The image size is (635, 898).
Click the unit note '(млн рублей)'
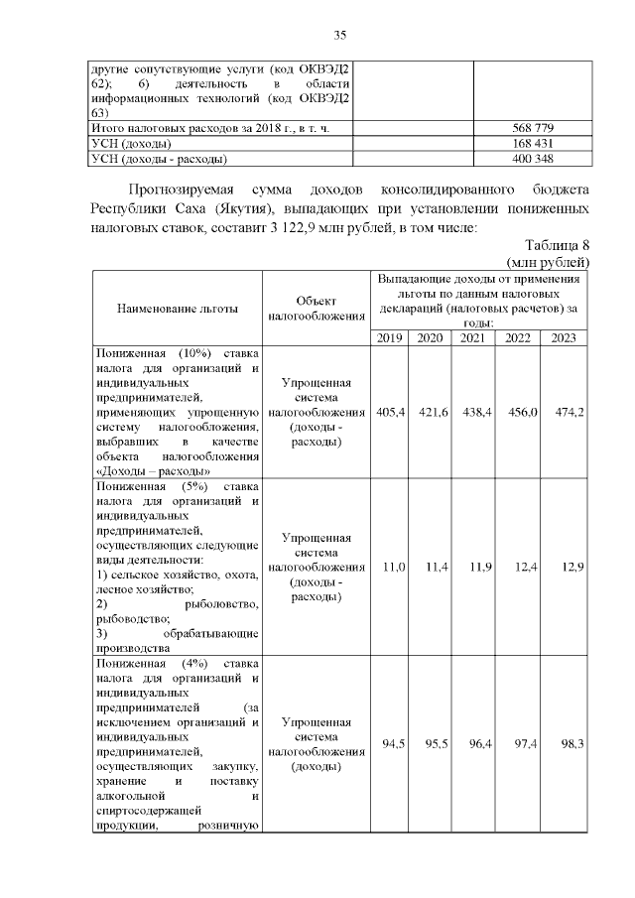click(x=548, y=263)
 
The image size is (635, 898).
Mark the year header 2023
click(x=564, y=338)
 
